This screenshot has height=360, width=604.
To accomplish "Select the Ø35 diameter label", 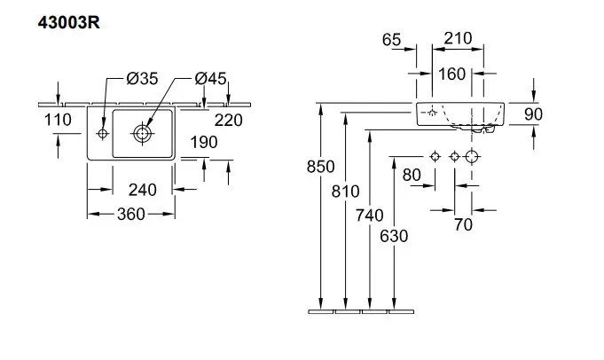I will (x=141, y=80).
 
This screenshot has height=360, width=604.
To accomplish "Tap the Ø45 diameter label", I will (x=211, y=80).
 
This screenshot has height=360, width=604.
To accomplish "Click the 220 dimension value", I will (x=229, y=119).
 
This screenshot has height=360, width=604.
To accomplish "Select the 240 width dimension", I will (x=142, y=189).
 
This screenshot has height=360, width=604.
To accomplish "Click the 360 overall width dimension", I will (x=129, y=214).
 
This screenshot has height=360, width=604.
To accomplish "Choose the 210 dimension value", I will (x=457, y=40).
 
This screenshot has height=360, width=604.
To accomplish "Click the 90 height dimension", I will (x=533, y=114).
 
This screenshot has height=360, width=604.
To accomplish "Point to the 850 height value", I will (x=321, y=167).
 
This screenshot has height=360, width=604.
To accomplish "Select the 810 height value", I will (x=347, y=191).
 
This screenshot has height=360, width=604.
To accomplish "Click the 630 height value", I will (x=395, y=237).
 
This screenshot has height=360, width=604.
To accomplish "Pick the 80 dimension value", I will (x=412, y=175).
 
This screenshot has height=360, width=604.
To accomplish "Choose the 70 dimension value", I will (x=463, y=225).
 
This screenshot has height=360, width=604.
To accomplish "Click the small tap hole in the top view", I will (x=102, y=133).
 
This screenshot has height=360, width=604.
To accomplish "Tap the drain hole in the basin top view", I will (x=142, y=133).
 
